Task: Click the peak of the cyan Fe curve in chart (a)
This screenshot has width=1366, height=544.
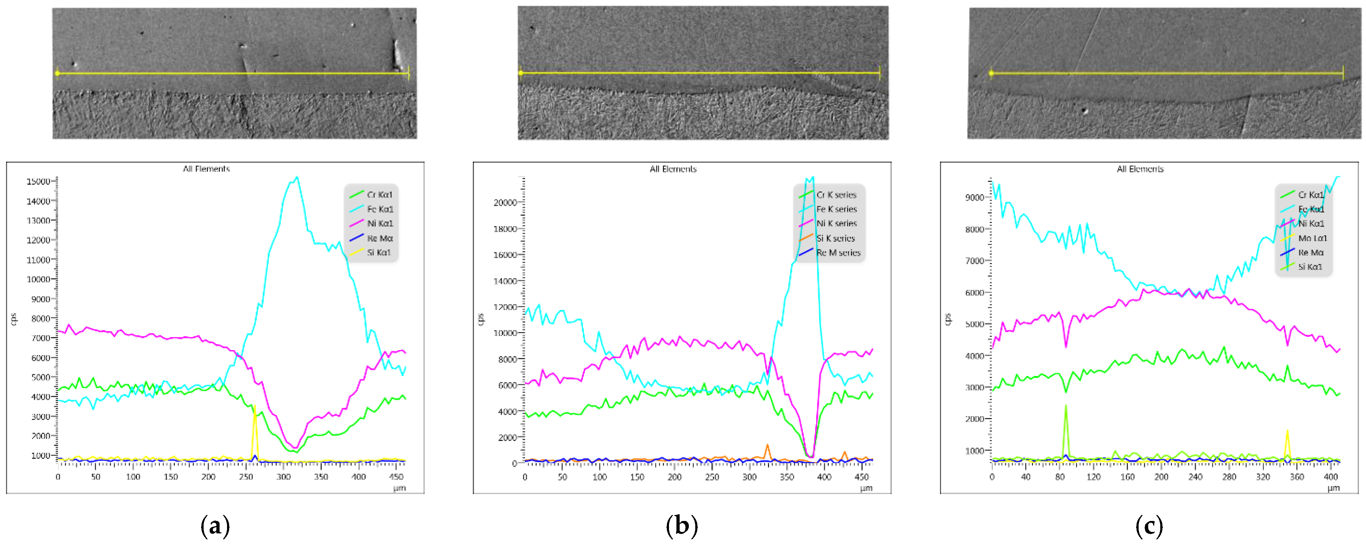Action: [297, 178]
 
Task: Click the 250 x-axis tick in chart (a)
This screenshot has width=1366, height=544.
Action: [246, 477]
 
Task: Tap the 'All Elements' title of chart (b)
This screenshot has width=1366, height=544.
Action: [673, 169]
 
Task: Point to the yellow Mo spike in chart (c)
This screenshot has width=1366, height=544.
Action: [1287, 432]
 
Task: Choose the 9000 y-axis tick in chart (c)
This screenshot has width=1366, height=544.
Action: [975, 198]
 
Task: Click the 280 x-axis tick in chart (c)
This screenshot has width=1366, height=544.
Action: [1229, 477]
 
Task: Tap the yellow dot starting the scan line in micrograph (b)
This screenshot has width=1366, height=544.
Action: [521, 73]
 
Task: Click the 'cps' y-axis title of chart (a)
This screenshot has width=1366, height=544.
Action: [14, 319]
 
